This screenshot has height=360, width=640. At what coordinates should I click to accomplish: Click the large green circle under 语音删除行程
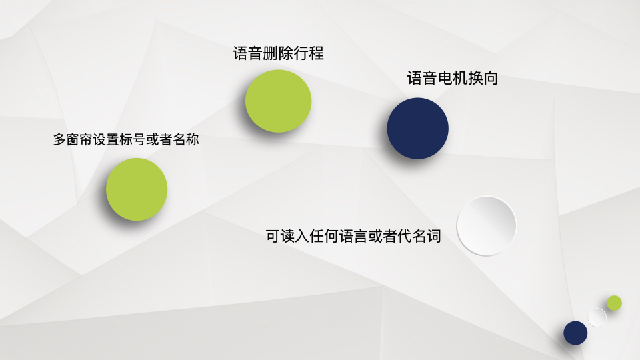[279, 101]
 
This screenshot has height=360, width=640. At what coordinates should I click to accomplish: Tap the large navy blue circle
[417, 128]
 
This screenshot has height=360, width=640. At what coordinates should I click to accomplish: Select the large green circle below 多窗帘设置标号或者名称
[137, 189]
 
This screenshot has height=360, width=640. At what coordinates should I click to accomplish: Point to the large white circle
[486, 226]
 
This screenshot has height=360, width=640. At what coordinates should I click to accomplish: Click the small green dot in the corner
[614, 303]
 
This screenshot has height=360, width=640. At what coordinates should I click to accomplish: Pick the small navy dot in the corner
[575, 333]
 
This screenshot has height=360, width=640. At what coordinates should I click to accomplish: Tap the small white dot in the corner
[597, 317]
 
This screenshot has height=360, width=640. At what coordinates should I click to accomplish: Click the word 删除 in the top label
[278, 53]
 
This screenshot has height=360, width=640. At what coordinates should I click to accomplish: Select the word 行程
[309, 53]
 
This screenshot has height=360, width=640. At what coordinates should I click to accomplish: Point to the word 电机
[453, 78]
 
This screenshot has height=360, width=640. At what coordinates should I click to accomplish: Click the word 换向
[483, 78]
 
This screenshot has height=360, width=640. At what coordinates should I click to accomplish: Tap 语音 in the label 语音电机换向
[422, 78]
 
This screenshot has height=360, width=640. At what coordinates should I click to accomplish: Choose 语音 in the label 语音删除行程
[248, 53]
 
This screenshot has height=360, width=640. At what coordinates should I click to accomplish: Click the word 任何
[324, 236]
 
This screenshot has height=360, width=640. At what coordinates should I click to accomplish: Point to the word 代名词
[419, 236]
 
